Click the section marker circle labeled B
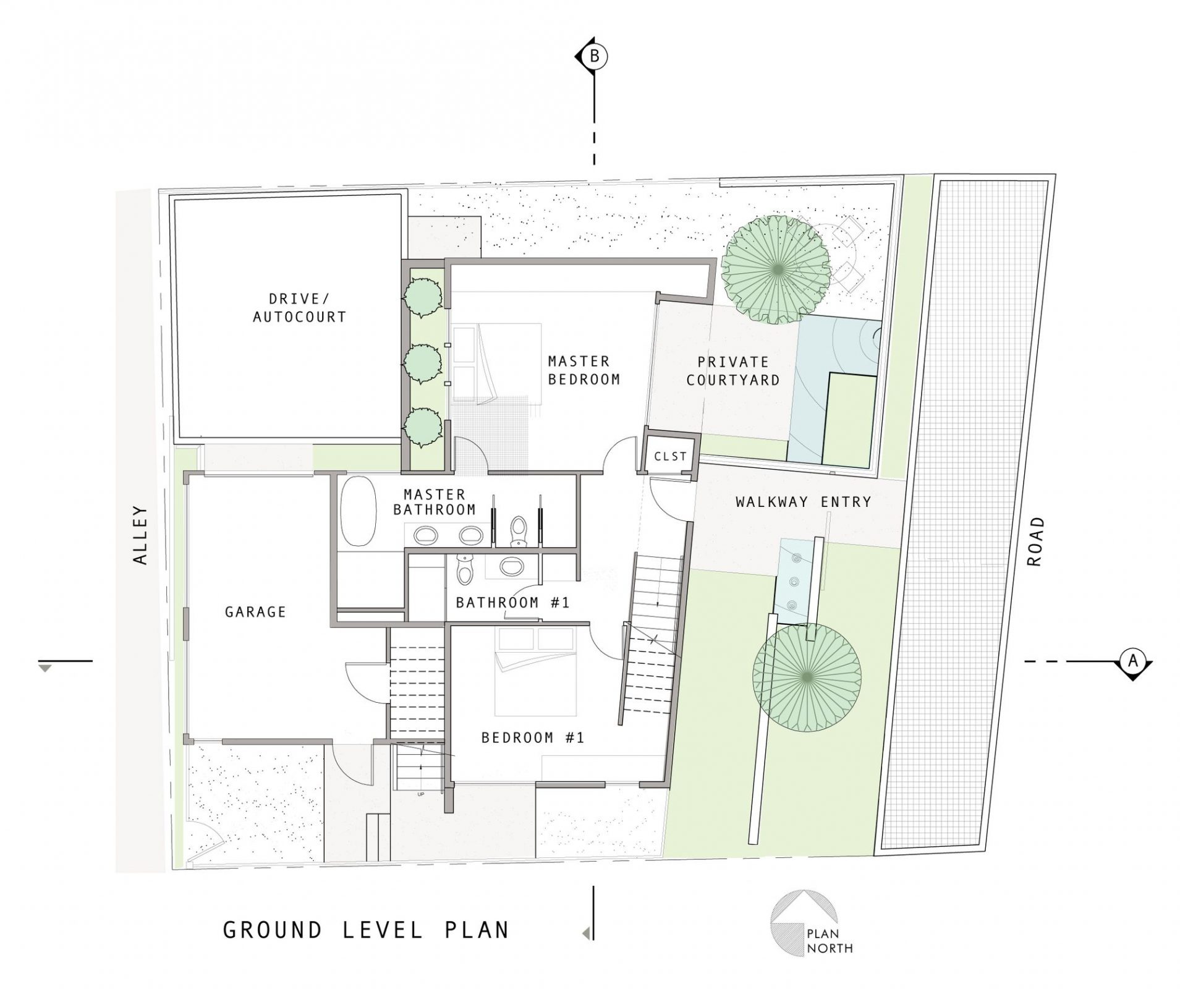(594, 56)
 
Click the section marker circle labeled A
(1132, 660)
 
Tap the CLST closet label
(670, 456)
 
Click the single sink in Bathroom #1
(511, 566)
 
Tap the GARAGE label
(255, 612)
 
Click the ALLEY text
(141, 535)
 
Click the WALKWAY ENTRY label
(803, 501)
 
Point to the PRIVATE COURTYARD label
(733, 371)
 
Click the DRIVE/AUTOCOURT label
(300, 308)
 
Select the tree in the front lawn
(807, 677)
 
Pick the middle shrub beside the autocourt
(423, 364)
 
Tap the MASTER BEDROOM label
(584, 370)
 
